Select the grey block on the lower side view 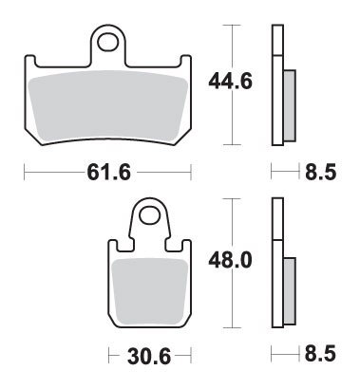[289, 288]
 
